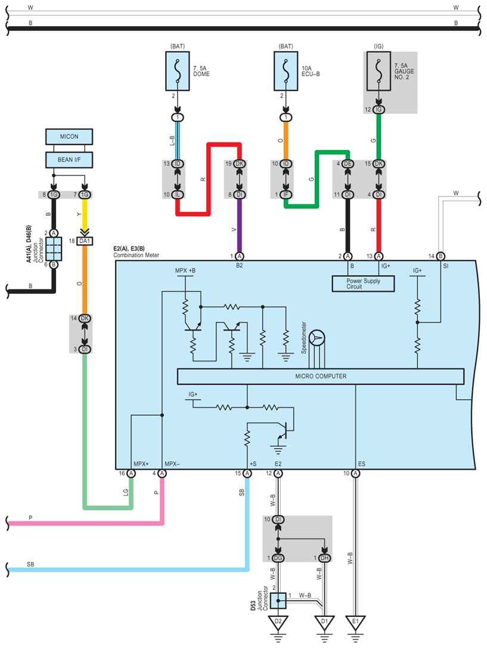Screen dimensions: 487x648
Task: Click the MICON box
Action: click(x=69, y=136)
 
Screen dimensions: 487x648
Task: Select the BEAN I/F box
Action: click(x=69, y=160)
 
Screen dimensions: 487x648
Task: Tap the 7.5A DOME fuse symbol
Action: click(x=178, y=71)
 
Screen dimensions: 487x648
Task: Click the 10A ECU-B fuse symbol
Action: click(x=286, y=71)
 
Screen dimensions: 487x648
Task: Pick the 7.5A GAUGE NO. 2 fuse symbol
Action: click(x=379, y=71)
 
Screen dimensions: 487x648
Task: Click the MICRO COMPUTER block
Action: click(x=321, y=376)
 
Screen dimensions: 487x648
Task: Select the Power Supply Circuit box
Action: click(x=363, y=283)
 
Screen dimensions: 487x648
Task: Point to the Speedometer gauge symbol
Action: click(x=317, y=338)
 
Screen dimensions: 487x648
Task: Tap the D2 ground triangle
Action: click(x=278, y=622)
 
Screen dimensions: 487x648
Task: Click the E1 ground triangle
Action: click(x=355, y=622)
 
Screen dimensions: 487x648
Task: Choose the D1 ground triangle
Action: click(x=324, y=622)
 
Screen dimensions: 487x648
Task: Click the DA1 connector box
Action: click(x=85, y=241)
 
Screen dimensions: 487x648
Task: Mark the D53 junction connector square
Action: click(x=278, y=601)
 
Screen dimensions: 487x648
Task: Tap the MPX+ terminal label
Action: click(x=141, y=464)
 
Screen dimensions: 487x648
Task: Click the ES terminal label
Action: click(x=362, y=464)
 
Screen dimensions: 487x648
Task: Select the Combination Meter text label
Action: click(x=136, y=255)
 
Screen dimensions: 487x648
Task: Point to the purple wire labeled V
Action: click(x=239, y=226)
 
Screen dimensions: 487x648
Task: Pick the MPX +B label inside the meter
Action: click(x=185, y=270)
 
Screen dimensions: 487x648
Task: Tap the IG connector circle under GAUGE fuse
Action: click(x=379, y=110)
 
